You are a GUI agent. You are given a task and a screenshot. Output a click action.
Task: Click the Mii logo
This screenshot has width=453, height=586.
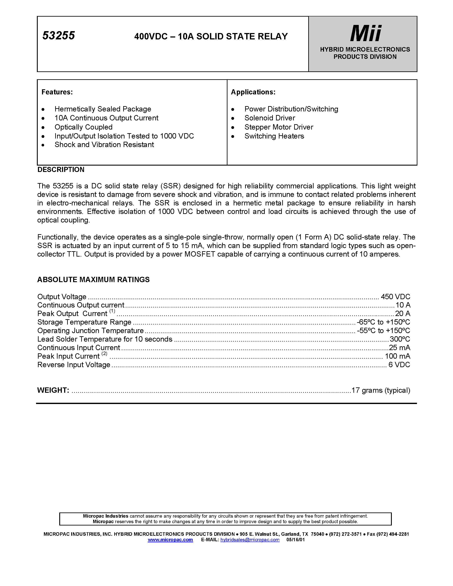coord(366,33)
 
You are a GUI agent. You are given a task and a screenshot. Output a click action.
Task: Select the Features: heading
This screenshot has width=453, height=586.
coord(57,92)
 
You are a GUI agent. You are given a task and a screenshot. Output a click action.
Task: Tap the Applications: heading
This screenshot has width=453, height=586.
coord(253,92)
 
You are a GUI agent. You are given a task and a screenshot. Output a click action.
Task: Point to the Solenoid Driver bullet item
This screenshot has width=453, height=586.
coord(269,118)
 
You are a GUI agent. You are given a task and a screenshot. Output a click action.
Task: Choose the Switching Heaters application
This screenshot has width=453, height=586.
coord(274,136)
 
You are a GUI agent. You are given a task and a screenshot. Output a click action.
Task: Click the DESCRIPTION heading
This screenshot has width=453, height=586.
coord(61,170)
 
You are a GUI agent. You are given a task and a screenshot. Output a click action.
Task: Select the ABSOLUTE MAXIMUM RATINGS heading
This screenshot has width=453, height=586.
coord(93,280)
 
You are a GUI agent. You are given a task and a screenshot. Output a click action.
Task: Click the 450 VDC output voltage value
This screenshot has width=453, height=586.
coord(395,297)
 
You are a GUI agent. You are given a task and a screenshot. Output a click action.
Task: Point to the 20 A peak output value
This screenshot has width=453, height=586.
coord(402,314)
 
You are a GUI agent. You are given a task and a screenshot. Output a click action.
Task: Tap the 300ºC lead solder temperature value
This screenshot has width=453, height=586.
coord(399,339)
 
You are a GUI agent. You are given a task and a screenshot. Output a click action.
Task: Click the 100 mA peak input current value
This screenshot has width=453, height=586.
coord(397,356)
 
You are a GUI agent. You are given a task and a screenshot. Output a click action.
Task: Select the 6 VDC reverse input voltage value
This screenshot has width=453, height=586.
coord(399,365)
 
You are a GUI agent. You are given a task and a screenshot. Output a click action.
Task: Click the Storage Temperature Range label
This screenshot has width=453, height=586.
coord(84,322)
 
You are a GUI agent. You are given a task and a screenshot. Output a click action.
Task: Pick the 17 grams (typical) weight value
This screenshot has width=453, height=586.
coord(381,390)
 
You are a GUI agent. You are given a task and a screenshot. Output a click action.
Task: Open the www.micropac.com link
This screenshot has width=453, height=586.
coord(170,540)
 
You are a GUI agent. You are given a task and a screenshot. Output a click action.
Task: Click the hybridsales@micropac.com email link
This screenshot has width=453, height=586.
coord(250,540)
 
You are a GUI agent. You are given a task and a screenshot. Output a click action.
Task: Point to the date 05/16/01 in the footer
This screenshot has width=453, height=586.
coord(295,540)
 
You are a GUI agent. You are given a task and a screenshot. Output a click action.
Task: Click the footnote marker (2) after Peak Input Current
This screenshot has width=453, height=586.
coord(104,354)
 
